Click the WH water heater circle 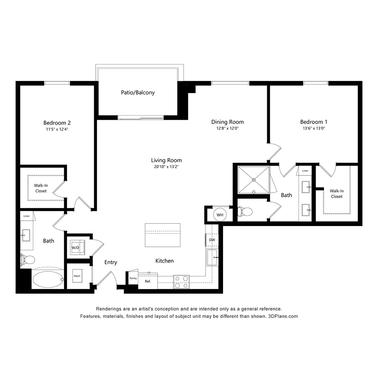coord(220,215)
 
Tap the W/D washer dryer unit coord(77,248)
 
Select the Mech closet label coord(77,276)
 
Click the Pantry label coord(133,278)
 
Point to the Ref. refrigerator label coord(148,281)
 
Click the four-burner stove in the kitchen coord(181,282)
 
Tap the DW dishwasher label coord(212,240)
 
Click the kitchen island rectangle coord(163,235)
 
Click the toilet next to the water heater coord(245,212)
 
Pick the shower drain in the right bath coord(254,180)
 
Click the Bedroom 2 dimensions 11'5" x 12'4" coord(57,129)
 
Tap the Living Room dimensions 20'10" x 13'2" coord(166,167)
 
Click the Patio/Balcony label coord(138,93)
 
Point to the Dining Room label coord(228,122)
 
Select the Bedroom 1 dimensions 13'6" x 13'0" coord(314,129)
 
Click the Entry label coord(111,262)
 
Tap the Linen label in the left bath coord(26,216)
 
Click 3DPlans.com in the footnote coord(283,316)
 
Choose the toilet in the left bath coord(28,260)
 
